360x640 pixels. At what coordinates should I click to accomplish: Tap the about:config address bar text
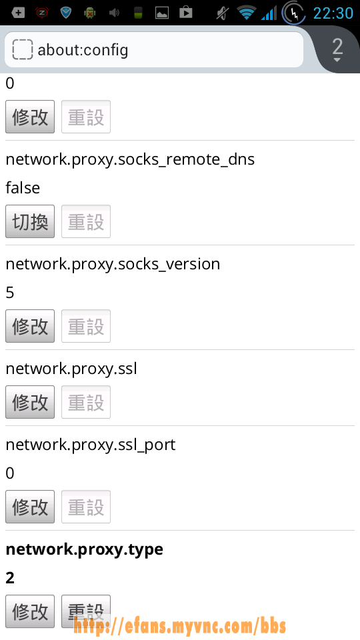(x=83, y=50)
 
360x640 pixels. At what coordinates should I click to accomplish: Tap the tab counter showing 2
(x=337, y=49)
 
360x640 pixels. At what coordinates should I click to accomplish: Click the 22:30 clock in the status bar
(x=333, y=13)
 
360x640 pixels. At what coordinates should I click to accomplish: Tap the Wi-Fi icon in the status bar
(x=246, y=13)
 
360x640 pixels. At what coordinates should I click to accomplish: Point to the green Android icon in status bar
(x=89, y=13)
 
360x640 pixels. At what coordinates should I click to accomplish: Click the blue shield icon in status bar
(x=66, y=13)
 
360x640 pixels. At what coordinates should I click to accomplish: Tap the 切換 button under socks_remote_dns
(x=30, y=221)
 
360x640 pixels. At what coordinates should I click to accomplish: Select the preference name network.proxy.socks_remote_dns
(x=130, y=159)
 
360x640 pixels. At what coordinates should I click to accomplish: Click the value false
(x=23, y=188)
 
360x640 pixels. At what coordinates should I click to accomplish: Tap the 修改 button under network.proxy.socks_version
(x=30, y=326)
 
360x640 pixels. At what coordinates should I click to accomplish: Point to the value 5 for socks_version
(x=10, y=293)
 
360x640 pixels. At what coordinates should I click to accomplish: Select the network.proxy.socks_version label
(x=113, y=264)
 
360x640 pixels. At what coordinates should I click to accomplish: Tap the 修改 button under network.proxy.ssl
(x=30, y=401)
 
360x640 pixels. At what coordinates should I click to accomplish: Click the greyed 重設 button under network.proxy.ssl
(x=86, y=401)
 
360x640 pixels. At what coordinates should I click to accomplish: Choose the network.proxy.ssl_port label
(x=91, y=445)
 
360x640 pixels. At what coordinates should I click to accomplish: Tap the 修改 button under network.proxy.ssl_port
(x=30, y=507)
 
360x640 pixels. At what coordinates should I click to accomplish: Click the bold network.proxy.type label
(x=85, y=550)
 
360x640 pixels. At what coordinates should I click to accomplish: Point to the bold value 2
(x=10, y=578)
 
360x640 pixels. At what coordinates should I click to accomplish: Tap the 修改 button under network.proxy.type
(x=30, y=611)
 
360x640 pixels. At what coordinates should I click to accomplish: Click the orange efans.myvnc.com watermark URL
(x=179, y=625)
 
